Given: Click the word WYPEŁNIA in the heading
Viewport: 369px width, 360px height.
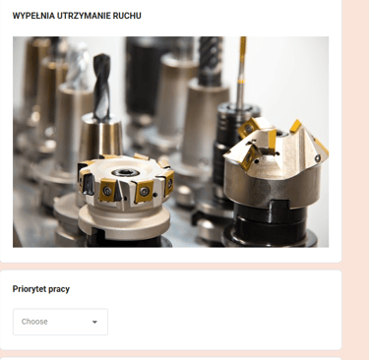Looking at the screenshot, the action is (x=33, y=16).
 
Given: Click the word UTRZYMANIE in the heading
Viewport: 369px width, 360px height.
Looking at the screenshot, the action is (x=84, y=16).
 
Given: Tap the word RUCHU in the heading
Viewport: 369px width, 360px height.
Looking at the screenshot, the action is (x=127, y=16).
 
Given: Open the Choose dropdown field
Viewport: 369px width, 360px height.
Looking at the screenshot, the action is (x=60, y=322).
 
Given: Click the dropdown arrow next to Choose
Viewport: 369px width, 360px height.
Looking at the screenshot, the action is (x=94, y=322).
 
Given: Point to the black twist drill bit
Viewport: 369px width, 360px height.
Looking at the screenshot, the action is (x=101, y=87).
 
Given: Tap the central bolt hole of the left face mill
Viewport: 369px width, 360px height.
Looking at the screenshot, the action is (x=125, y=172).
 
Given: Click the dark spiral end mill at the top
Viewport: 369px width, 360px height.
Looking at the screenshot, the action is (x=211, y=59).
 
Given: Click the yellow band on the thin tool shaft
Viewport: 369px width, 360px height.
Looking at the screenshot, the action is (x=241, y=81).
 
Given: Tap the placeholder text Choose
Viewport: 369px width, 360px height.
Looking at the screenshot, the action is (x=34, y=322).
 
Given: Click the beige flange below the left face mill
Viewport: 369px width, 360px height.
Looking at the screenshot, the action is (x=124, y=220).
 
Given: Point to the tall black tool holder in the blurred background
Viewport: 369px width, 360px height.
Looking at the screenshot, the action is (x=142, y=76).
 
